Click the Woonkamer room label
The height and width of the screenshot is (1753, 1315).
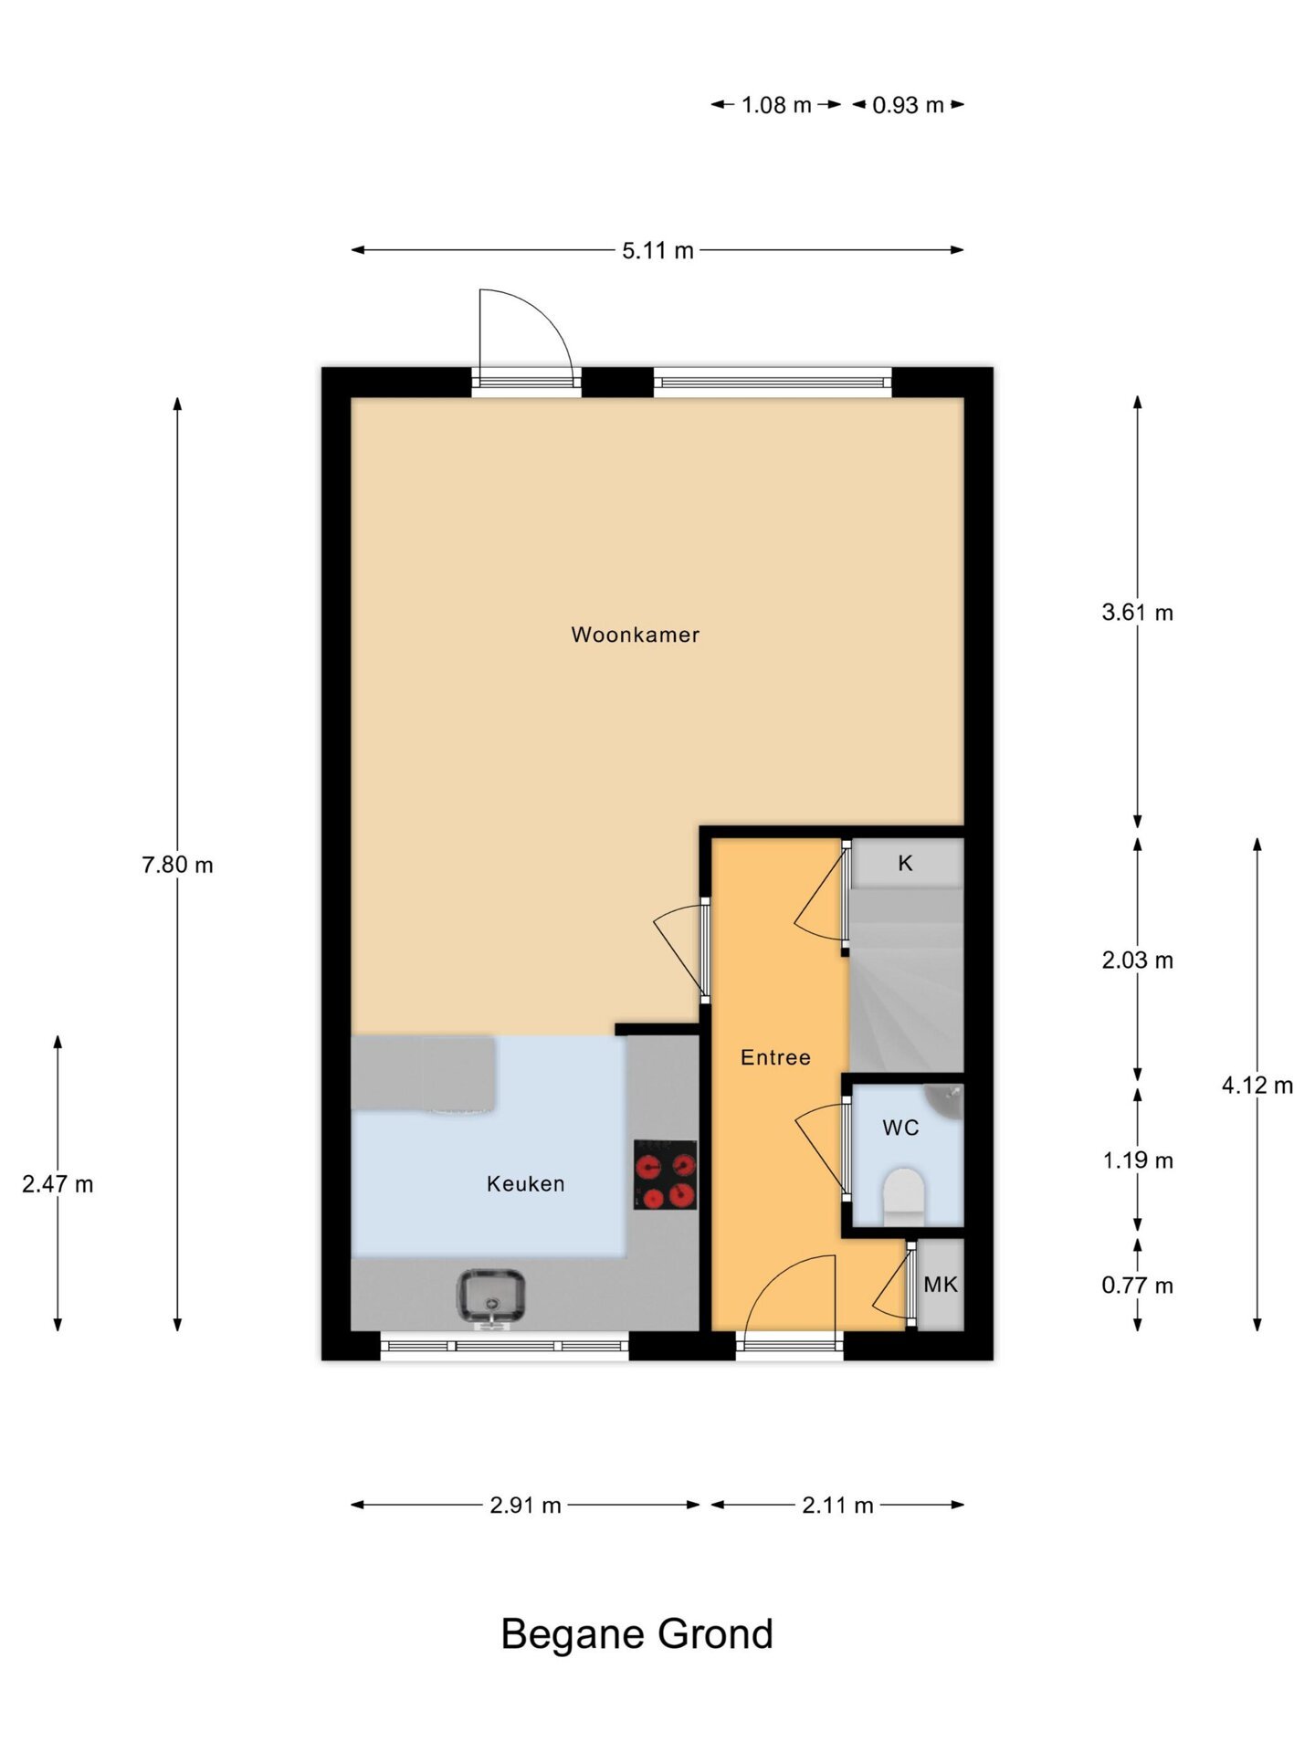[635, 635]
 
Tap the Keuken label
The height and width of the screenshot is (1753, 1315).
[525, 1183]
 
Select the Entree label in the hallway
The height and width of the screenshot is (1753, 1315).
[775, 1057]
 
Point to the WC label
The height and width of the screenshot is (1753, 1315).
[900, 1128]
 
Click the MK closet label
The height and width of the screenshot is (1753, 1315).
[941, 1285]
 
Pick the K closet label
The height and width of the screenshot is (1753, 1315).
[905, 863]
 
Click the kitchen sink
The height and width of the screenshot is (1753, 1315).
[490, 1295]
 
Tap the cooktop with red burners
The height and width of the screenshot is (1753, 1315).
[666, 1174]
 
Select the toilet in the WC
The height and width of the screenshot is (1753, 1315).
[904, 1197]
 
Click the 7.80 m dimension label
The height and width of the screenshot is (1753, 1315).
[177, 865]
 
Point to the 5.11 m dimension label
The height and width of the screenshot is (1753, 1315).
[657, 250]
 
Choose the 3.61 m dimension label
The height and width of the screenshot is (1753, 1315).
[1137, 613]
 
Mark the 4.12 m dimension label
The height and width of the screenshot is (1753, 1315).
[1257, 1086]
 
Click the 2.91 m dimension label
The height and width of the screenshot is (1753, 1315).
[525, 1506]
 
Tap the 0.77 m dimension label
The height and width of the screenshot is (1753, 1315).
[1137, 1286]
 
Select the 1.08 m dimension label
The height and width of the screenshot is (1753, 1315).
[776, 105]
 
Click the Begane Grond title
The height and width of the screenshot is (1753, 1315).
[636, 1634]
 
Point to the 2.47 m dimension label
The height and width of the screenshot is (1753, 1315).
[58, 1184]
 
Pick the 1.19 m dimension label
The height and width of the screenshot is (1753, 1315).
[1137, 1160]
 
